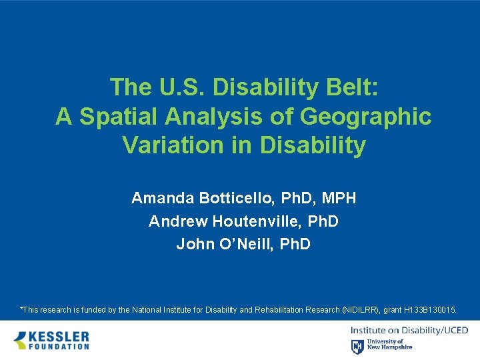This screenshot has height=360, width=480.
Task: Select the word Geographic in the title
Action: (x=365, y=116)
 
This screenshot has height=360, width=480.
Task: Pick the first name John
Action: (x=193, y=243)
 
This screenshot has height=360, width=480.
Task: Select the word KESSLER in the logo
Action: (x=59, y=335)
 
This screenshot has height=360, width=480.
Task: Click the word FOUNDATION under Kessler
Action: (x=59, y=347)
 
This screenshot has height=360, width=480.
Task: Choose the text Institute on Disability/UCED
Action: (x=409, y=330)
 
